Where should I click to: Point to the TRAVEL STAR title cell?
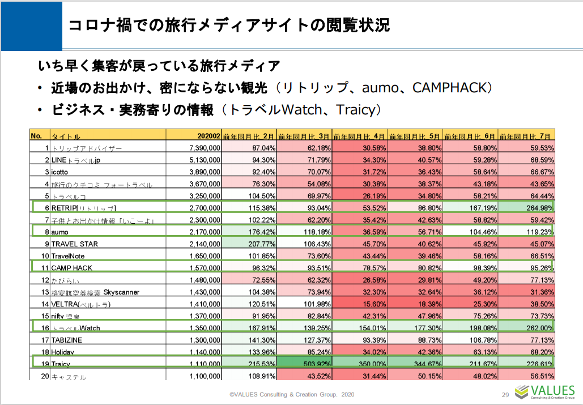click(74, 244)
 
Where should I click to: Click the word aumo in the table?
click(59, 232)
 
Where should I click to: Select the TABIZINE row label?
click(67, 340)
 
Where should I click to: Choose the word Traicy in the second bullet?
click(356, 109)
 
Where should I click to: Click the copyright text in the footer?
click(292, 395)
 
